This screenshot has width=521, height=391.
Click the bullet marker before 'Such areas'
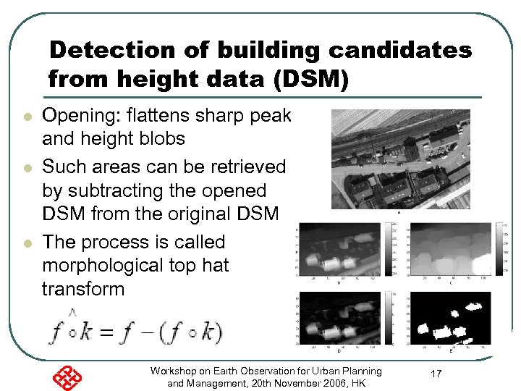point(27,168)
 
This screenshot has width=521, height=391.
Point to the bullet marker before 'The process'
point(27,243)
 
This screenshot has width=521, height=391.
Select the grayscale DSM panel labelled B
point(344,248)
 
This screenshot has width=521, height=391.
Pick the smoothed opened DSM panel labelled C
point(450,248)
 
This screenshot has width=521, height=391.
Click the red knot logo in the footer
point(67,377)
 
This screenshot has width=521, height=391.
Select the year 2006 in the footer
point(316,383)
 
